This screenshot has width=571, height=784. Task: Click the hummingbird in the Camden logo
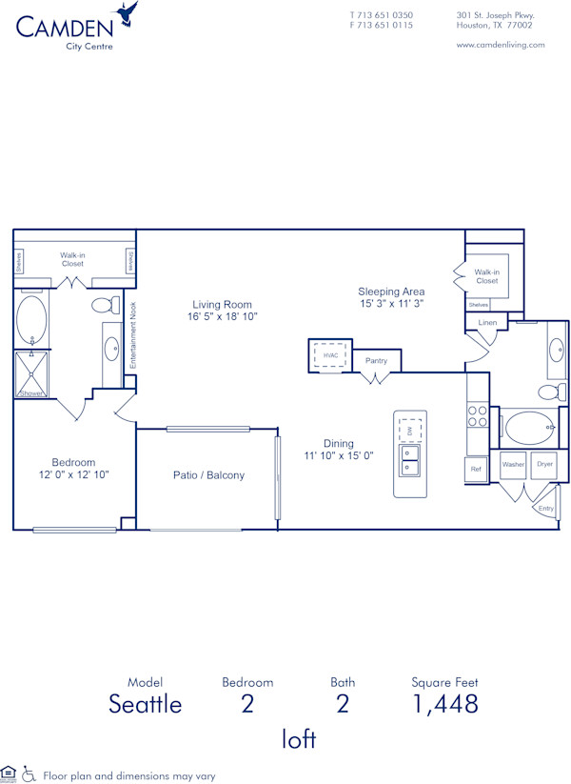pos(126,15)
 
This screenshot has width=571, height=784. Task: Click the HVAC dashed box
pos(331,355)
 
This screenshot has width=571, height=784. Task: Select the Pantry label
pos(376,361)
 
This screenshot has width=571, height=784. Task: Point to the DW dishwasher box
pos(410,431)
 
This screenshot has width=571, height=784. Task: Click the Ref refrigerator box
pos(476,470)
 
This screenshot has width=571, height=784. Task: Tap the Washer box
pos(513,464)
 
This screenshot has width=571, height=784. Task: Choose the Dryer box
pos(543,464)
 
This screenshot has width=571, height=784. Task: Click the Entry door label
pos(545,509)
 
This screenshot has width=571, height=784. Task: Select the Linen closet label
pos(487,323)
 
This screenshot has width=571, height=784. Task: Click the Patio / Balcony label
pos(208,475)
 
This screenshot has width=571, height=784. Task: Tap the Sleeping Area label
pos(391,291)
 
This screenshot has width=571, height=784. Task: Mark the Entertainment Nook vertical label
pos(134,336)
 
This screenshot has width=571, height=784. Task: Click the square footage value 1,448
pos(444,704)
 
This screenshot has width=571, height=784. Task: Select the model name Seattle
pos(145,704)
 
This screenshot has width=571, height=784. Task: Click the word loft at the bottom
pos(298,738)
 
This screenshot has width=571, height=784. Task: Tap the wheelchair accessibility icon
pos(29,774)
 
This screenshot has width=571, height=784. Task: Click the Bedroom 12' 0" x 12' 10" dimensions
pos(73,473)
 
